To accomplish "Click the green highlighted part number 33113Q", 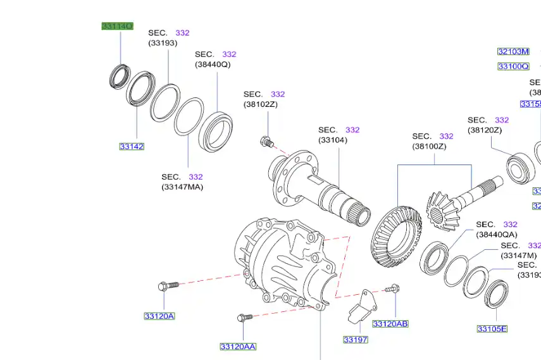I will [x=118, y=26].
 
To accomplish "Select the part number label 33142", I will [x=132, y=146].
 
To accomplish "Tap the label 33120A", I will [x=159, y=316].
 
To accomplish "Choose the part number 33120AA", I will [x=238, y=346].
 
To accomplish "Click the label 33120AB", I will [x=390, y=323].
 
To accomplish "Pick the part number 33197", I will [x=356, y=339].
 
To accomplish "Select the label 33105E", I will [x=492, y=328].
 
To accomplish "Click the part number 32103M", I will [x=513, y=51].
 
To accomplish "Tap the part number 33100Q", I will [x=513, y=66].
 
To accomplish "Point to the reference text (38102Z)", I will [x=261, y=104].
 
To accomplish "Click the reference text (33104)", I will [x=333, y=140].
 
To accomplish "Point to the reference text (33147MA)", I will [x=182, y=187].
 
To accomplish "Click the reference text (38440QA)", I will [x=497, y=234].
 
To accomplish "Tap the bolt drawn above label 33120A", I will [x=167, y=287].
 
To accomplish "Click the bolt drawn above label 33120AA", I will [x=245, y=317].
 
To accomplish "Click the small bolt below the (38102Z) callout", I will [x=266, y=142].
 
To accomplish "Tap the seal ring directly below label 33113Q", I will [x=119, y=76].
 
